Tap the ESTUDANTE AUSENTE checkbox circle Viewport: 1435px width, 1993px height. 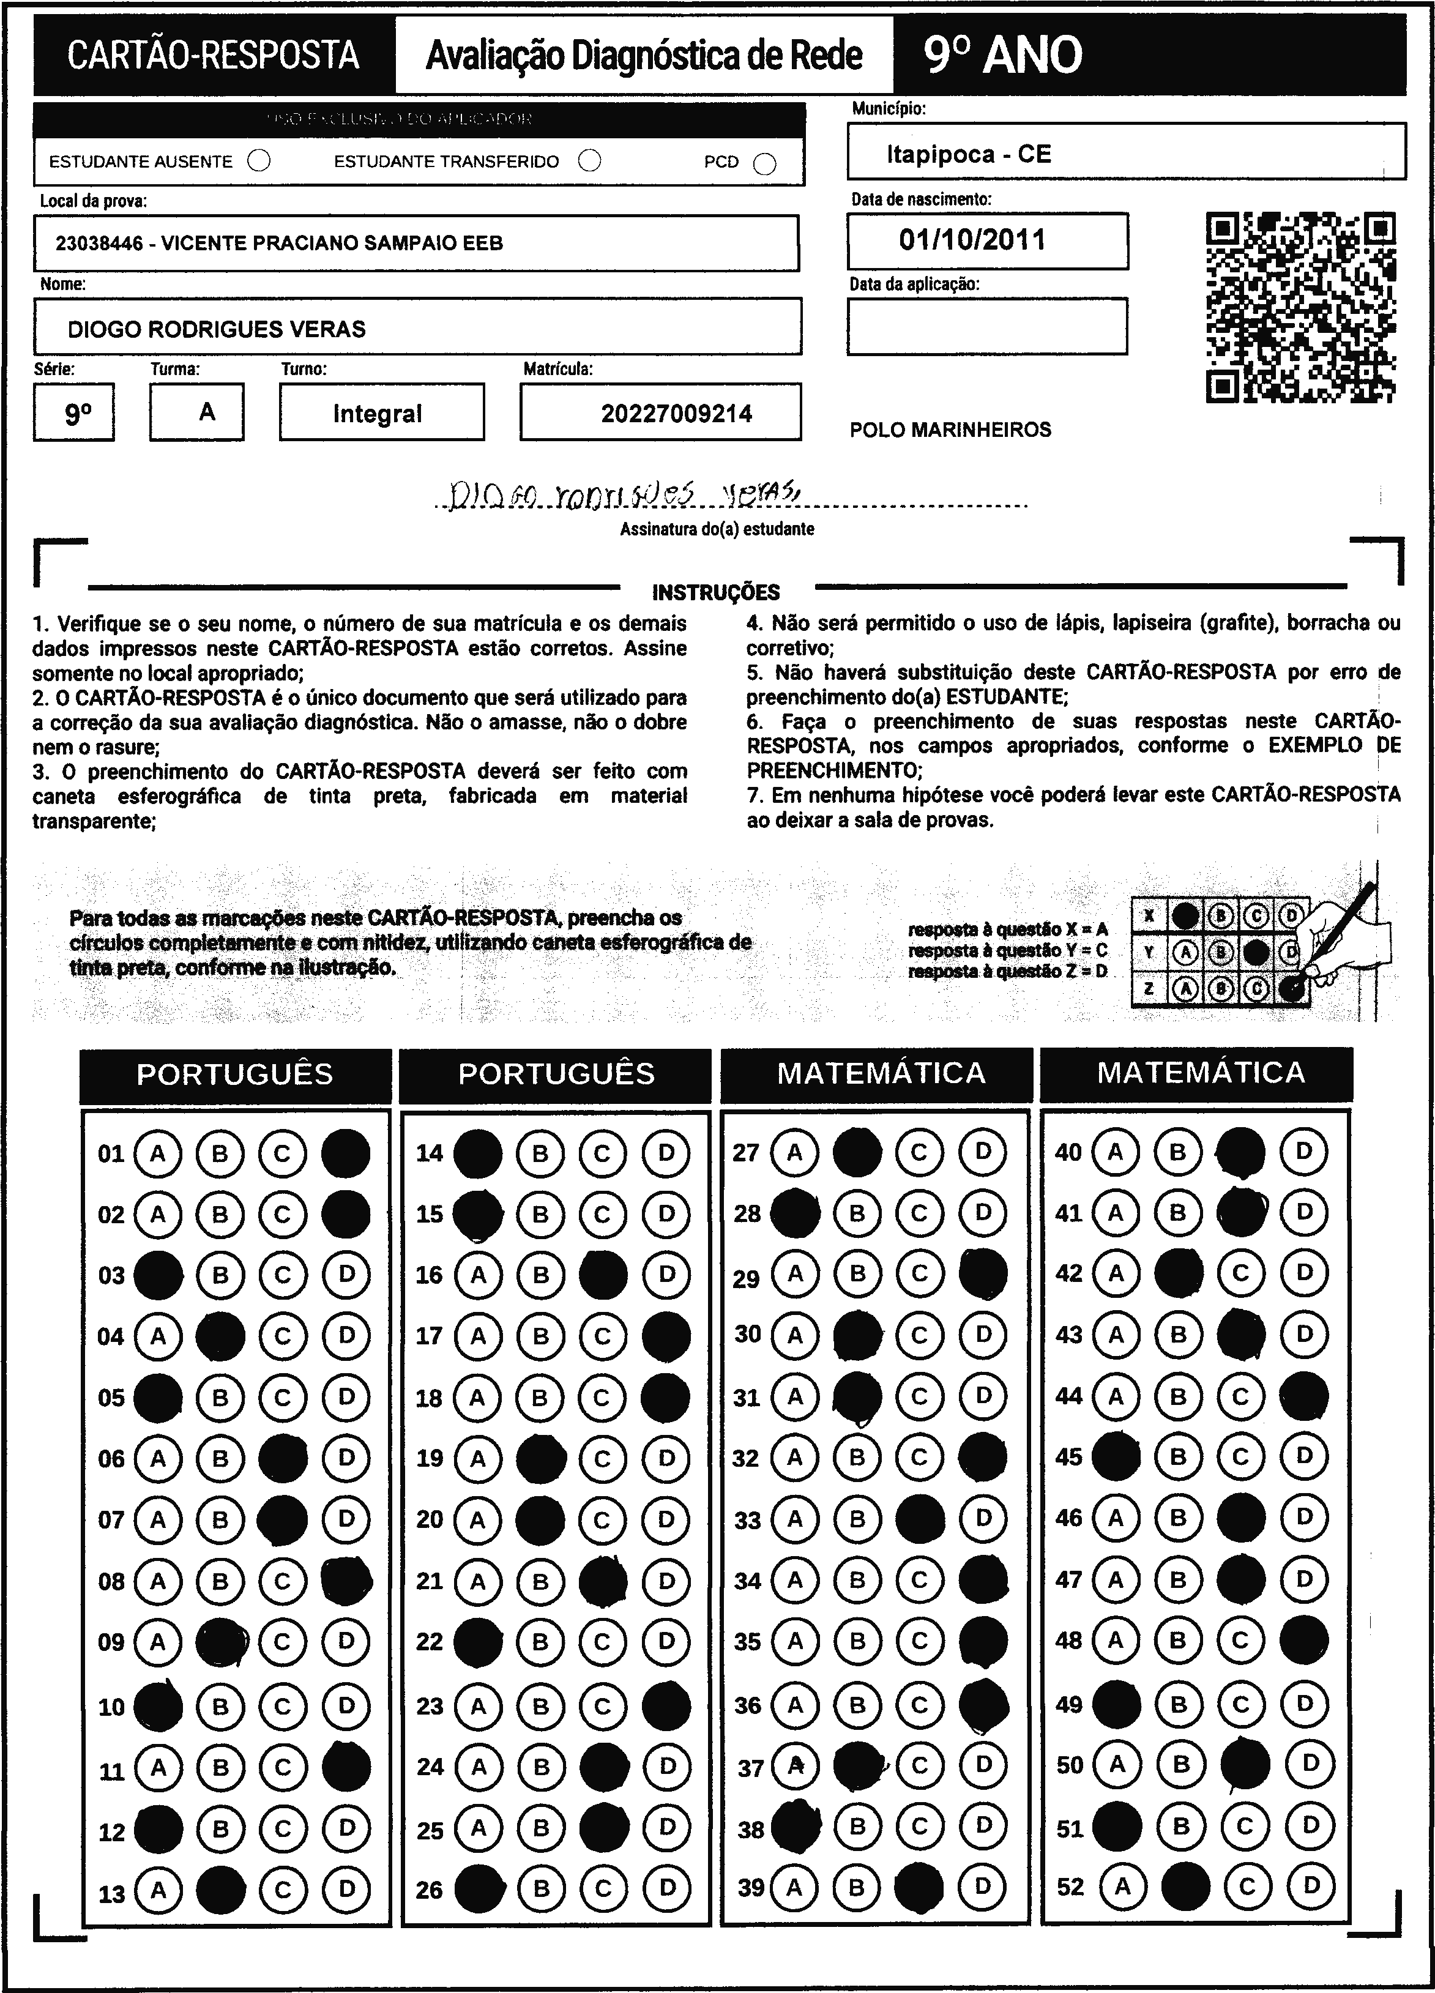click(x=259, y=161)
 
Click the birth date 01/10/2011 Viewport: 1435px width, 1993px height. click(x=972, y=240)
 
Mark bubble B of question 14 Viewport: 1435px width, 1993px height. click(x=540, y=1153)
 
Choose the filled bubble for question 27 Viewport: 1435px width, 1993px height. click(x=857, y=1152)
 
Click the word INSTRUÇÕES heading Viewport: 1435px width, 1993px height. click(x=715, y=592)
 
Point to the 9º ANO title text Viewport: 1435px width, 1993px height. click(x=1002, y=55)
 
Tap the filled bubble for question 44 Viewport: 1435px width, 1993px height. click(x=1303, y=1396)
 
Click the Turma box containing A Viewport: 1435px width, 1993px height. click(x=197, y=412)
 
